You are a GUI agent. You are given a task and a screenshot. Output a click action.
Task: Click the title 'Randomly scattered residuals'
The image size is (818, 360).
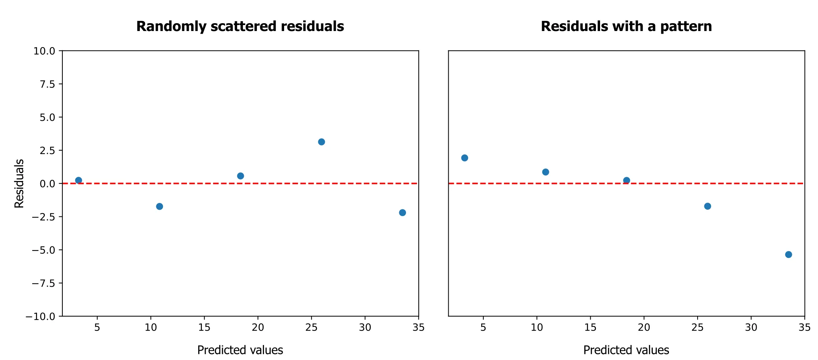(240, 27)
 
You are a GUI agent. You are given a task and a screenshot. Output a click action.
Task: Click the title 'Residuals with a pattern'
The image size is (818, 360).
(626, 27)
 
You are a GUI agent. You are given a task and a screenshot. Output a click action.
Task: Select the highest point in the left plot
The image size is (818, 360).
(321, 142)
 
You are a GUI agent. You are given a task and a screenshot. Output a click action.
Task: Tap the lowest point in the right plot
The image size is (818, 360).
(788, 255)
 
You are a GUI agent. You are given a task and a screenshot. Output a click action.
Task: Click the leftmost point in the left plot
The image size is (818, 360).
(79, 180)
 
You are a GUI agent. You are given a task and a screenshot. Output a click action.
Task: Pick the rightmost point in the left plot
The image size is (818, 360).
(402, 213)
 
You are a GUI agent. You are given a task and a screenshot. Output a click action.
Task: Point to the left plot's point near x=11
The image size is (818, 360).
(159, 206)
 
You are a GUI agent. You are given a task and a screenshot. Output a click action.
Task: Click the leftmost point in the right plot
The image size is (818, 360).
(465, 158)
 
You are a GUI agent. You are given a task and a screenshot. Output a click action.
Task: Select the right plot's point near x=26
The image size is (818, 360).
(707, 206)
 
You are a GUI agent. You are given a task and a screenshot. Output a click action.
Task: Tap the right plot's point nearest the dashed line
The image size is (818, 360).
(627, 180)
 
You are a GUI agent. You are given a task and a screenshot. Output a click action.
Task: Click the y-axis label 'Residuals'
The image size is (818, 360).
(19, 184)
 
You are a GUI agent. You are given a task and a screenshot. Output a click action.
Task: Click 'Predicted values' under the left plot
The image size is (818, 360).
(240, 350)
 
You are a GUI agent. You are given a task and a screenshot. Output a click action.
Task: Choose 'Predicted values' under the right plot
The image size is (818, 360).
(626, 350)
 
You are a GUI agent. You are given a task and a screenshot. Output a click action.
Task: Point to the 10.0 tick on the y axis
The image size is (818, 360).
(44, 51)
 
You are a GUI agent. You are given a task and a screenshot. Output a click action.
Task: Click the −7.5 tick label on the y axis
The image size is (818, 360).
(43, 283)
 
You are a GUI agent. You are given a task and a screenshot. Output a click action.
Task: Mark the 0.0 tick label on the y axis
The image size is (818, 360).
(47, 184)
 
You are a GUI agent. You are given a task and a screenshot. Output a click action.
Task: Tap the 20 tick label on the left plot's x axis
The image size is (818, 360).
(258, 327)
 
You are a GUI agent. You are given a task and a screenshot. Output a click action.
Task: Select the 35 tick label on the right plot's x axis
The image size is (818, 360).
(805, 327)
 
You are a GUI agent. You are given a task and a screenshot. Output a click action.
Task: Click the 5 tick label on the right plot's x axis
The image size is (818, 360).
(483, 327)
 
